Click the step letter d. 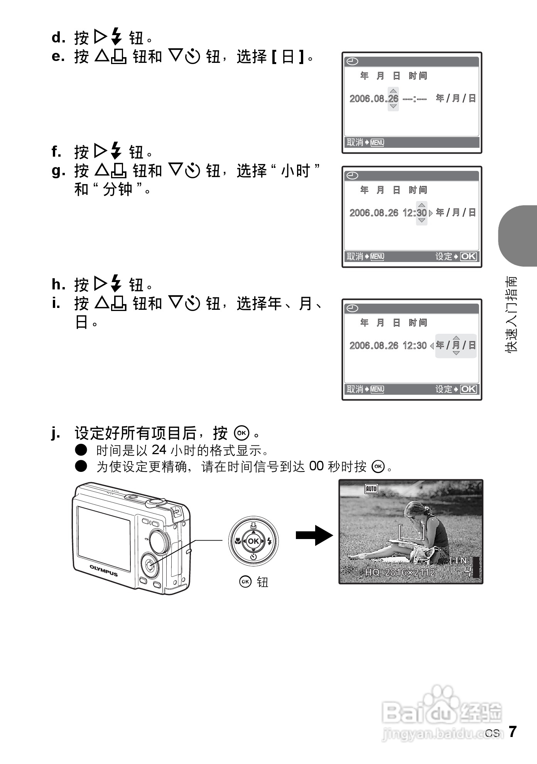click(x=58, y=38)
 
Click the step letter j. click(x=56, y=434)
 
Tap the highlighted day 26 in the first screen click(x=393, y=99)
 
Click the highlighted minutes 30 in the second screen click(x=422, y=213)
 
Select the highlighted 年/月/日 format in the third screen click(x=456, y=345)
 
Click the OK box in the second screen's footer click(x=468, y=257)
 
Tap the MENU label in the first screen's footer click(x=377, y=143)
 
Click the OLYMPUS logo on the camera click(x=104, y=570)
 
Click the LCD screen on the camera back click(x=104, y=538)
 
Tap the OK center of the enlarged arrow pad click(x=253, y=541)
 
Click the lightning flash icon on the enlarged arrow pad click(x=269, y=541)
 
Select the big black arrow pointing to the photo click(x=314, y=535)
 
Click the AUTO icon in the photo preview click(x=371, y=489)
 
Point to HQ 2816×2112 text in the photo click(x=400, y=572)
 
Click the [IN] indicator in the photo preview click(x=461, y=560)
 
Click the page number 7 click(x=512, y=732)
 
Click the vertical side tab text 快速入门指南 click(x=511, y=314)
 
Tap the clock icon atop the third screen click(x=353, y=308)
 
